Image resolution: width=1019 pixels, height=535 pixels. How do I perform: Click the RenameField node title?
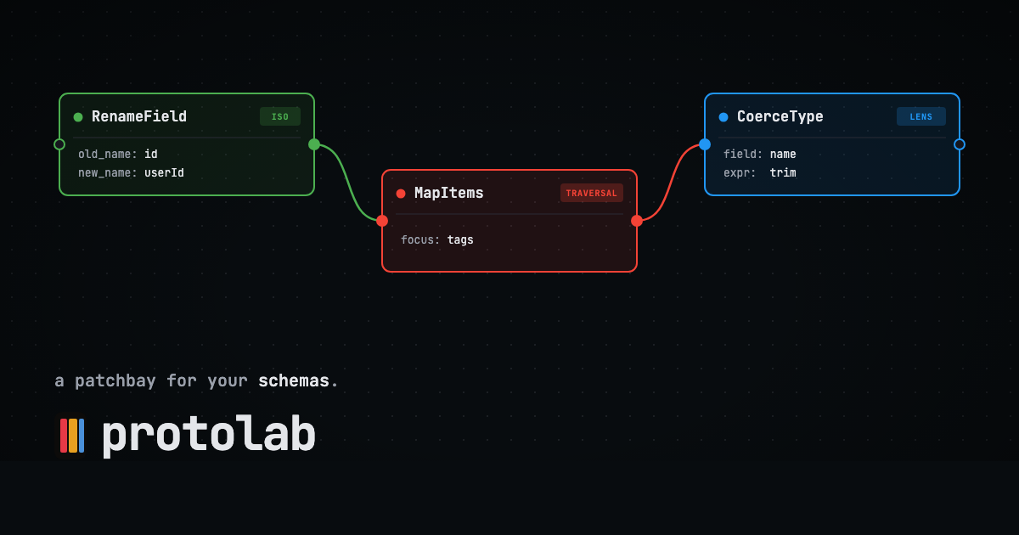[x=139, y=116]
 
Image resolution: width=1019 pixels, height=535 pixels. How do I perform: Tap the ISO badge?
[x=279, y=116]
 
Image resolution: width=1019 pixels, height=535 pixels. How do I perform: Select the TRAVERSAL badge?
[x=591, y=193]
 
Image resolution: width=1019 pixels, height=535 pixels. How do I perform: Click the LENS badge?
[x=920, y=116]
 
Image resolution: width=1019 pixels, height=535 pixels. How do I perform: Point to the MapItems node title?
[x=449, y=193]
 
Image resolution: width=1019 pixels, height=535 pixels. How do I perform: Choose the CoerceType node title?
[x=780, y=116]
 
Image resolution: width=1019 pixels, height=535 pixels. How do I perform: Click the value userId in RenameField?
[x=164, y=173]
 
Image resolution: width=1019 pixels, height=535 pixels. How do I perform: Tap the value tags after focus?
[x=460, y=239]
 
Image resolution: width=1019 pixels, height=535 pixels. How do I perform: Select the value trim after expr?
[x=783, y=173]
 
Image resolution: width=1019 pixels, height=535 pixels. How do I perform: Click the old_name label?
[x=107, y=155]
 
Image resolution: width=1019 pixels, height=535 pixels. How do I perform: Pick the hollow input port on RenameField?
[x=59, y=144]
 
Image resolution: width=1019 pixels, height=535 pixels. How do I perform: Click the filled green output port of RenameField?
[x=314, y=144]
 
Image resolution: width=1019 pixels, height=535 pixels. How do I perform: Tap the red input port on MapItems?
[x=382, y=221]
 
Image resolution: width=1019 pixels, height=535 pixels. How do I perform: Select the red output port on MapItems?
[x=637, y=221]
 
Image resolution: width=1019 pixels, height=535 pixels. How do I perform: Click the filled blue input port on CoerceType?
[x=705, y=144]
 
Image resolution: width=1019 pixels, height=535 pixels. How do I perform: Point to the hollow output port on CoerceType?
[x=960, y=144]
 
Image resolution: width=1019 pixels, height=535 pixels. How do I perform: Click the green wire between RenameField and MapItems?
[x=348, y=183]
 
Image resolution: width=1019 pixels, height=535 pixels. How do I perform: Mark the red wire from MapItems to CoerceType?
[x=671, y=183]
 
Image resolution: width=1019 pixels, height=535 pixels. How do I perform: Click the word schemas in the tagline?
[x=294, y=380]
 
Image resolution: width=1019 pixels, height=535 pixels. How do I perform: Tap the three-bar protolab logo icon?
[x=72, y=436]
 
